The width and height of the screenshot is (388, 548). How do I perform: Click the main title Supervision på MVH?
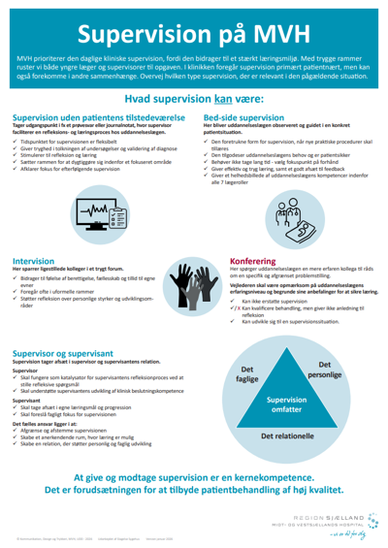194,32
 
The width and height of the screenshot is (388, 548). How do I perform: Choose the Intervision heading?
33,260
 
